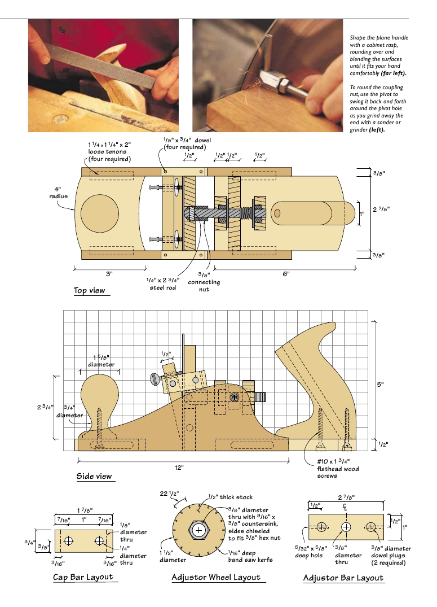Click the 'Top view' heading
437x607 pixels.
(89, 291)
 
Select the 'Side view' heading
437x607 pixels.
(94, 476)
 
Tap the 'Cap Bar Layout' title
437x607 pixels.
(83, 577)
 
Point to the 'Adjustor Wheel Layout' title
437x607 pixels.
(216, 577)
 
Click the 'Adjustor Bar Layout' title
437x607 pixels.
(343, 578)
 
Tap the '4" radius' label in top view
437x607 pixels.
(58, 193)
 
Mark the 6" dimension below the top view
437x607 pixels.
(286, 274)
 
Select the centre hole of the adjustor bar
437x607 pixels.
(345, 527)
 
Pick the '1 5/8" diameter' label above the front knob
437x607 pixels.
(101, 360)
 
